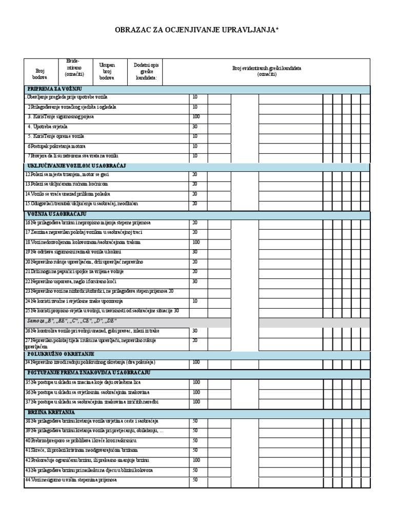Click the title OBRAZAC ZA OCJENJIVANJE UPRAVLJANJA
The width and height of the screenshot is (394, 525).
(x=197, y=30)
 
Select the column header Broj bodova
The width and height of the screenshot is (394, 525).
(x=40, y=74)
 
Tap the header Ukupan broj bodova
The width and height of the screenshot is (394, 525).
(x=107, y=72)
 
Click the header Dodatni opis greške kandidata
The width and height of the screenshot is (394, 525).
(x=146, y=72)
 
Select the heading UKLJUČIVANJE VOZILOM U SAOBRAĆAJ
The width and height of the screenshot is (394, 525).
(x=76, y=166)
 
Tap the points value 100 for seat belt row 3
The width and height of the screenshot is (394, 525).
(x=195, y=116)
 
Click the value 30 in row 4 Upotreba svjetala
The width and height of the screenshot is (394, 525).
(x=195, y=126)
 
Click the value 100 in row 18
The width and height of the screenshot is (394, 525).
(x=195, y=242)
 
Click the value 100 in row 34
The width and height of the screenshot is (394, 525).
(x=195, y=362)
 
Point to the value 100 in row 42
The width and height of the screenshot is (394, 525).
(x=195, y=460)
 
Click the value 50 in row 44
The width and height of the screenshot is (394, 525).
(x=195, y=480)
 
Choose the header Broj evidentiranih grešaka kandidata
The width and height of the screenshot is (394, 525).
(x=267, y=71)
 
